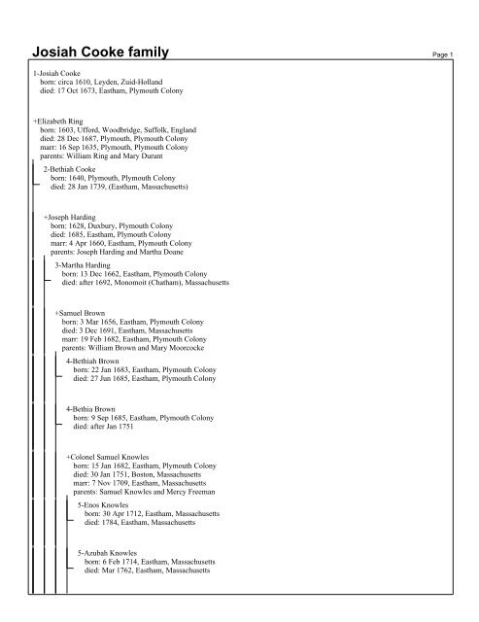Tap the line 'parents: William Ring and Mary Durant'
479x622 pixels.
point(100,153)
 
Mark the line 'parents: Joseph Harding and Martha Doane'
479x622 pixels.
point(117,247)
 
